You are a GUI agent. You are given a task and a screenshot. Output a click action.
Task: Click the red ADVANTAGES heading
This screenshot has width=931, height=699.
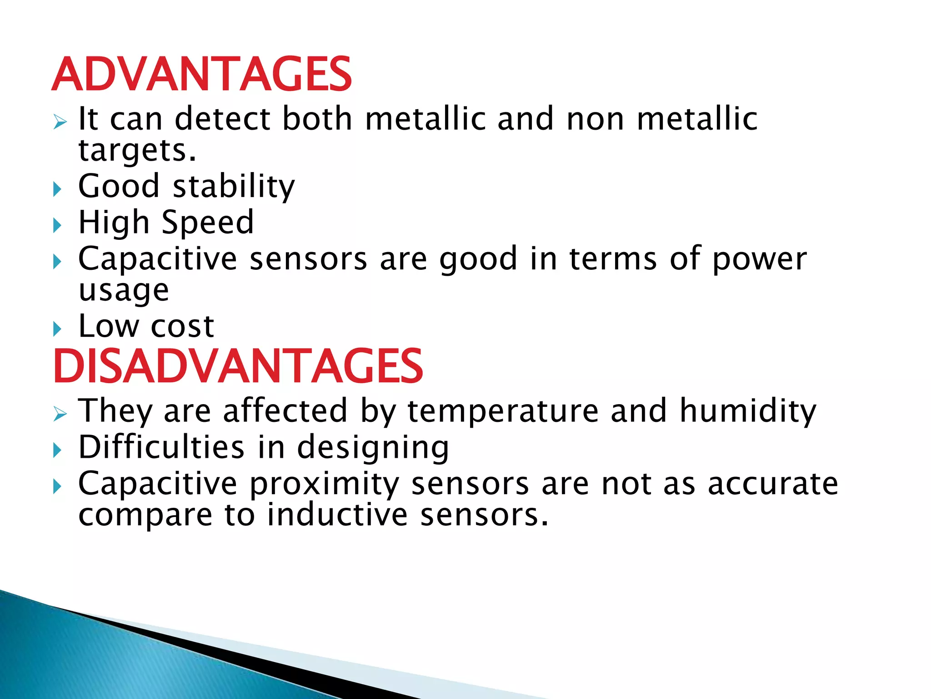click(201, 75)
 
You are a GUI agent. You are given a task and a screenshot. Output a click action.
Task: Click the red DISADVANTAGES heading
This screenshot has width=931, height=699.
click(238, 367)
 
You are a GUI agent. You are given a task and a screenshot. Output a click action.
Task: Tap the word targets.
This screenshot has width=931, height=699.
click(137, 151)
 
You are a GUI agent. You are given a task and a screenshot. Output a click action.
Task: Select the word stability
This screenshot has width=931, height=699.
click(234, 187)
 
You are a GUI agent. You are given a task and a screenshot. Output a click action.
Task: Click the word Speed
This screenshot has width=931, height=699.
click(207, 223)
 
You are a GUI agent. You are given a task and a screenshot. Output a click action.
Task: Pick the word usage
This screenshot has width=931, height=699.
click(124, 291)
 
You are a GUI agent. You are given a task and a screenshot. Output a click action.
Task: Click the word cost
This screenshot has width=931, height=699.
click(182, 327)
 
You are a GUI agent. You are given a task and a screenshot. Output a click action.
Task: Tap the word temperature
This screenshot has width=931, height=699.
click(503, 411)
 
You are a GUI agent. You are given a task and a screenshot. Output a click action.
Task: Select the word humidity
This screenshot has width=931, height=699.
click(748, 411)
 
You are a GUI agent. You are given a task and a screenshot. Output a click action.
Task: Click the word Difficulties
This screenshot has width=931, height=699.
click(161, 447)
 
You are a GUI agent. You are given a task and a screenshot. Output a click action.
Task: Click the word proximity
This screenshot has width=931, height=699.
click(324, 484)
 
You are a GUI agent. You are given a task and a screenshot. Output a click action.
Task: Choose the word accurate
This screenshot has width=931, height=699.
click(773, 484)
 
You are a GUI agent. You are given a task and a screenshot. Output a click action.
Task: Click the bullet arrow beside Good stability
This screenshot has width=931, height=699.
click(57, 189)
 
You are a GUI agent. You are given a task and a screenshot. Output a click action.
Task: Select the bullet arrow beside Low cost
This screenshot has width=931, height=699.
click(57, 329)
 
